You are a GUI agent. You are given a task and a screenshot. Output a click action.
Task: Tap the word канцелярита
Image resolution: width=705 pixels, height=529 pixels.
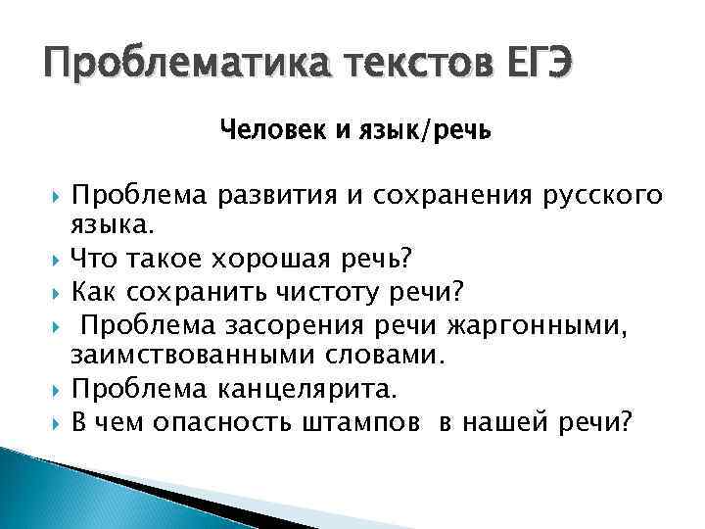[x=312, y=389]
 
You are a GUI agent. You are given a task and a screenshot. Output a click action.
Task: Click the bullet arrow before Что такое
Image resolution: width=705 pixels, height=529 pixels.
[x=58, y=261]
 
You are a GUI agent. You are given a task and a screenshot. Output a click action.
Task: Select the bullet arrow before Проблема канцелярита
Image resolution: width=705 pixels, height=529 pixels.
[x=58, y=390]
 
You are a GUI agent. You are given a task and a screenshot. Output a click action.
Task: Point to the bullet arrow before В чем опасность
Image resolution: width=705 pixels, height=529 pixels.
[x=58, y=422]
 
